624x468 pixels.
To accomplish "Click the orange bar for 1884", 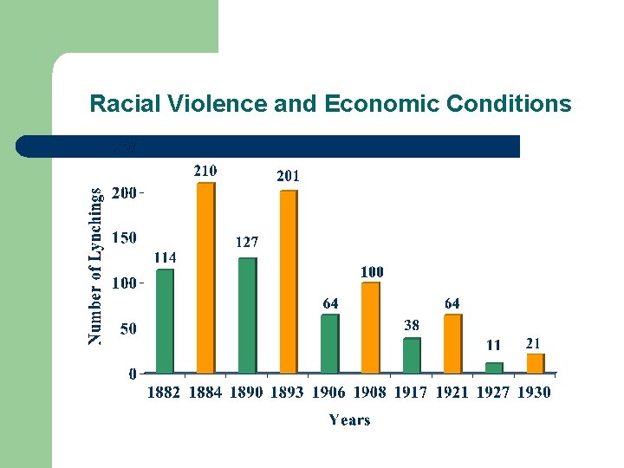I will click(x=205, y=278).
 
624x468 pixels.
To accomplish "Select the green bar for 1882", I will click(x=165, y=322).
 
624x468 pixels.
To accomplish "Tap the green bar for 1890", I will click(x=247, y=315).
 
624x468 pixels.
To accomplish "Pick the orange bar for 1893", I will click(x=288, y=282).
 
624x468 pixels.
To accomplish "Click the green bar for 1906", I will click(x=329, y=344).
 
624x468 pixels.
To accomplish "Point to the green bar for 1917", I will click(x=412, y=355).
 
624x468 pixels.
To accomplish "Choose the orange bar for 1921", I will click(x=452, y=344).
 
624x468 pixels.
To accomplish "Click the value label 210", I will click(x=205, y=170).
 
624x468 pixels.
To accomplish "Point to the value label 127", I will click(x=246, y=243).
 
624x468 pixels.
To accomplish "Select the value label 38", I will click(x=412, y=325).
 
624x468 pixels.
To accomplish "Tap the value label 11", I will click(x=492, y=345).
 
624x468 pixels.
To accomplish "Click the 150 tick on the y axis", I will click(x=124, y=237).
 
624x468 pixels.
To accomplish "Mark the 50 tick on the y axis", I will click(x=127, y=329).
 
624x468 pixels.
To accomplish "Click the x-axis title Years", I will click(x=349, y=420).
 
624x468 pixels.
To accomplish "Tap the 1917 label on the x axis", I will click(x=411, y=393).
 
